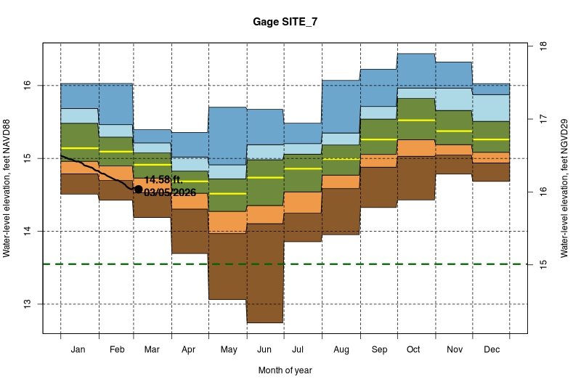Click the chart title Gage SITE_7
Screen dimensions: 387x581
(285, 23)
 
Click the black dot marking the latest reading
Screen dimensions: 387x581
(138, 189)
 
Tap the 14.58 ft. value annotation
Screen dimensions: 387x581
(163, 179)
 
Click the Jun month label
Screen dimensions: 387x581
(265, 350)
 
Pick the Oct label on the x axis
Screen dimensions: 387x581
(413, 350)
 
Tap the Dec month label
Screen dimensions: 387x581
(492, 350)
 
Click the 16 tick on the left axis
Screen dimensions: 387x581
(27, 85)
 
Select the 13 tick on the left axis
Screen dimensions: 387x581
(27, 304)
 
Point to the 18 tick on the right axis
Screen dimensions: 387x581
(542, 46)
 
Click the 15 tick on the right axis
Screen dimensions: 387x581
(542, 265)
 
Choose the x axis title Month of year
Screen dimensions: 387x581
(285, 370)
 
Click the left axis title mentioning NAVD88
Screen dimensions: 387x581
(8, 189)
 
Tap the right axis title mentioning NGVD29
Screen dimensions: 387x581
(563, 189)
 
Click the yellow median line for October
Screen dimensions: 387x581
(416, 120)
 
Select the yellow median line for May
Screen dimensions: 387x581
(228, 194)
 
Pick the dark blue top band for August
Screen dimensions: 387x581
(341, 106)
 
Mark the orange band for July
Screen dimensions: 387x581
(303, 202)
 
